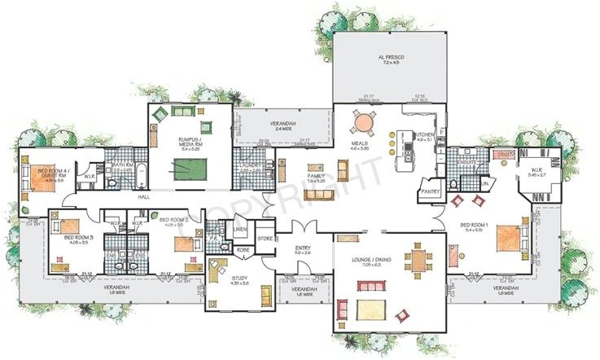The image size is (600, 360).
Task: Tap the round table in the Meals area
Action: tap(363, 123)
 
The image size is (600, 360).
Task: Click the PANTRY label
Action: tap(430, 192)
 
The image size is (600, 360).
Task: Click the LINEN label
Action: tap(240, 230)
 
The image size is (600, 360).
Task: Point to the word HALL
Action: tap(144, 197)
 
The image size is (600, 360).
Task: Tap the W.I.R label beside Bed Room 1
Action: tap(538, 171)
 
